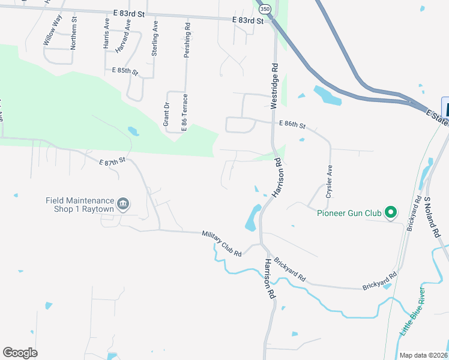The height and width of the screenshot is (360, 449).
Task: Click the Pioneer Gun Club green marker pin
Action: pos(391,212)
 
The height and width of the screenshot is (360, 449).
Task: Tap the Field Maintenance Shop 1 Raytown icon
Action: pos(123,204)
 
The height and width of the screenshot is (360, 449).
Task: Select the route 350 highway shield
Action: pos(264,9)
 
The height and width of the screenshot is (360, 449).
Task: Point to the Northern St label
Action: pos(74,32)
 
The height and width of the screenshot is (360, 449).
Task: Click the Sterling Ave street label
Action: pos(154,38)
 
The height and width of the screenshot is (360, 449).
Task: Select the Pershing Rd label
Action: pos(187,41)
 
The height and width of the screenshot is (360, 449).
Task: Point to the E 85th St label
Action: pos(125,71)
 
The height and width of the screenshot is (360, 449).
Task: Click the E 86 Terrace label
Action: pos(185,112)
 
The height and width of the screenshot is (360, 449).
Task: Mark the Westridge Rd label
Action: pos(274,86)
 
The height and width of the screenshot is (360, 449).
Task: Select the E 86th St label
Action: pos(292,125)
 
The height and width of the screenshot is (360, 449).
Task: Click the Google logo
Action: pos(20,353)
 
